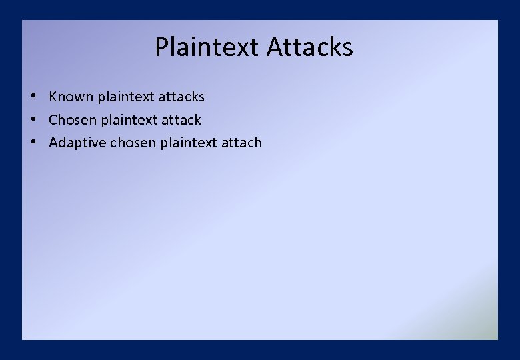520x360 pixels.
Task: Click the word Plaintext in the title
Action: click(x=207, y=47)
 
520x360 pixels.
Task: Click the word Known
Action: click(x=71, y=97)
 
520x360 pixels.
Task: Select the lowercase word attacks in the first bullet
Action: click(x=182, y=97)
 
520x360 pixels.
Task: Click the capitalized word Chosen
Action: click(x=73, y=120)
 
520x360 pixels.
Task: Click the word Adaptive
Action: click(x=77, y=143)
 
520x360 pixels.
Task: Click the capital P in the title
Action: click(x=162, y=47)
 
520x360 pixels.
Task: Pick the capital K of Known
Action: click(x=53, y=97)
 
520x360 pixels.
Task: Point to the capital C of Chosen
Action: click(x=54, y=120)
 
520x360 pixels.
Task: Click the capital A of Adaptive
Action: click(x=54, y=143)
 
